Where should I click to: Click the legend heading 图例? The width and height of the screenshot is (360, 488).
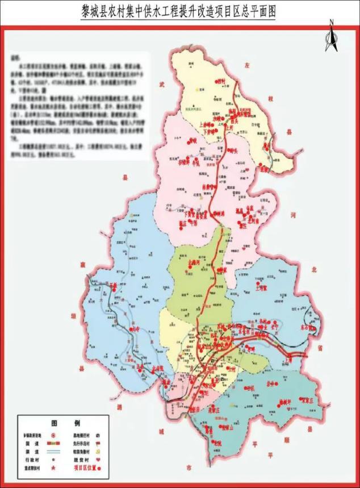click(x=65, y=424)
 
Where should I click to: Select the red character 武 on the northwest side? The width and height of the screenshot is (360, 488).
click(x=162, y=85)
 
